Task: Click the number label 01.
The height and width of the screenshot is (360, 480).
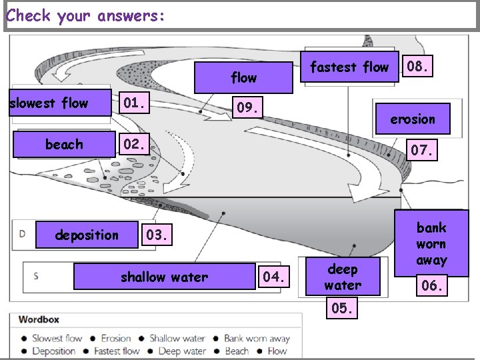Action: pyautogui.click(x=135, y=103)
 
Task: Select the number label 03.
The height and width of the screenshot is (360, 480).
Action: pyautogui.click(x=158, y=235)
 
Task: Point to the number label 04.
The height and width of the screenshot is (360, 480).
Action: pyautogui.click(x=274, y=277)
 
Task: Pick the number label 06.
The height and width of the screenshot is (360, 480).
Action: pyautogui.click(x=432, y=286)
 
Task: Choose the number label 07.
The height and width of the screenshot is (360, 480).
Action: pyautogui.click(x=423, y=151)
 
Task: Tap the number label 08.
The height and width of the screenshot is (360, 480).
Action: pyautogui.click(x=418, y=67)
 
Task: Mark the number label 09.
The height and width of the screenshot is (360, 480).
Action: pyautogui.click(x=247, y=107)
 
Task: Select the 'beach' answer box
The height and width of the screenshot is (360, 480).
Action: pyautogui.click(x=64, y=144)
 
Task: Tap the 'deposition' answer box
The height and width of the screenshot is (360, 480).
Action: pyautogui.click(x=87, y=235)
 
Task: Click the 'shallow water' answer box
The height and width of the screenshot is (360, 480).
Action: pyautogui.click(x=164, y=277)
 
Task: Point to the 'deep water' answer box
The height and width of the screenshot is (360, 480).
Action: pyautogui.click(x=343, y=277)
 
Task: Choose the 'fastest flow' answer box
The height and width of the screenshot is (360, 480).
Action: pyautogui.click(x=349, y=67)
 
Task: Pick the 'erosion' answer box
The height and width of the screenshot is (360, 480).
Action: pyautogui.click(x=413, y=119)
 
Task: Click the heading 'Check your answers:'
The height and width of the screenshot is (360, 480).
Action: pyautogui.click(x=85, y=15)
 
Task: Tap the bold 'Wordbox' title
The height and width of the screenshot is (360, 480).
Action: pyautogui.click(x=43, y=319)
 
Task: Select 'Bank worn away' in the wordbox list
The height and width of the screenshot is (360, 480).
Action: pyautogui.click(x=257, y=338)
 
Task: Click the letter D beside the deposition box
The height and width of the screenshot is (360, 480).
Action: pyautogui.click(x=23, y=233)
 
